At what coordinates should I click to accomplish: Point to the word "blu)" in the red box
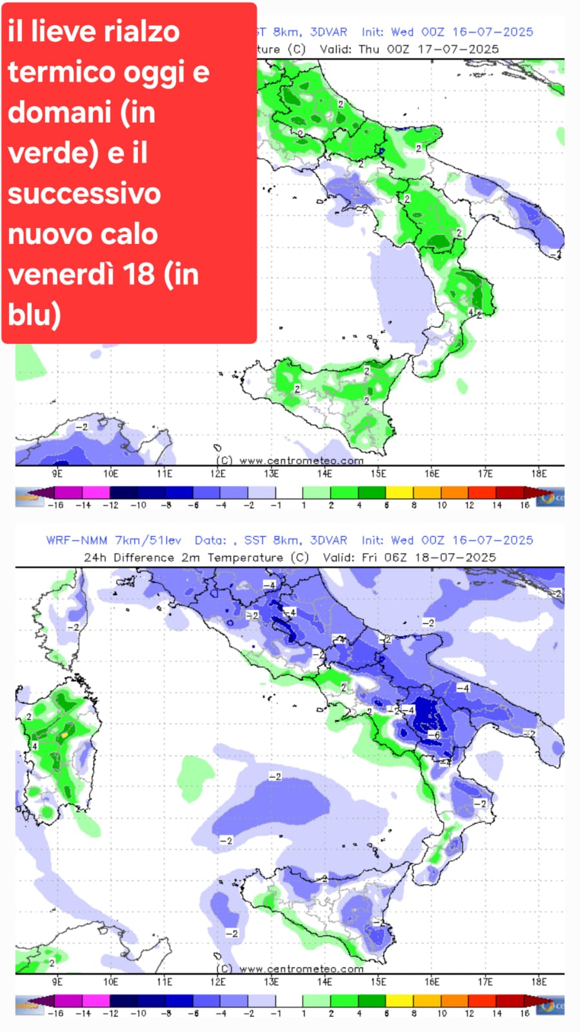(34, 314)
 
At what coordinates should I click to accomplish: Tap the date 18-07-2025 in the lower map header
(455, 557)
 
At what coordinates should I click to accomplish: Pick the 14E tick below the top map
(325, 474)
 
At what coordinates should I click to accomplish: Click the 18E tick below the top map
(539, 474)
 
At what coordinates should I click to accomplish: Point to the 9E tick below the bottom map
(57, 982)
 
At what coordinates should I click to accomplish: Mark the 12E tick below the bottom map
(218, 982)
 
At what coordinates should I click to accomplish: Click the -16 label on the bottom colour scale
(55, 1014)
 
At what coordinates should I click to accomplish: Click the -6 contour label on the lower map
(436, 735)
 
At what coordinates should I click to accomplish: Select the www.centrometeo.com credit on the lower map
(301, 969)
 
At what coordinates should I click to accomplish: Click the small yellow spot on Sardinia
(65, 734)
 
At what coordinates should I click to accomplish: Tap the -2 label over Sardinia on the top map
(81, 427)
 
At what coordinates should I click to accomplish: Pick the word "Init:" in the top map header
(372, 32)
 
